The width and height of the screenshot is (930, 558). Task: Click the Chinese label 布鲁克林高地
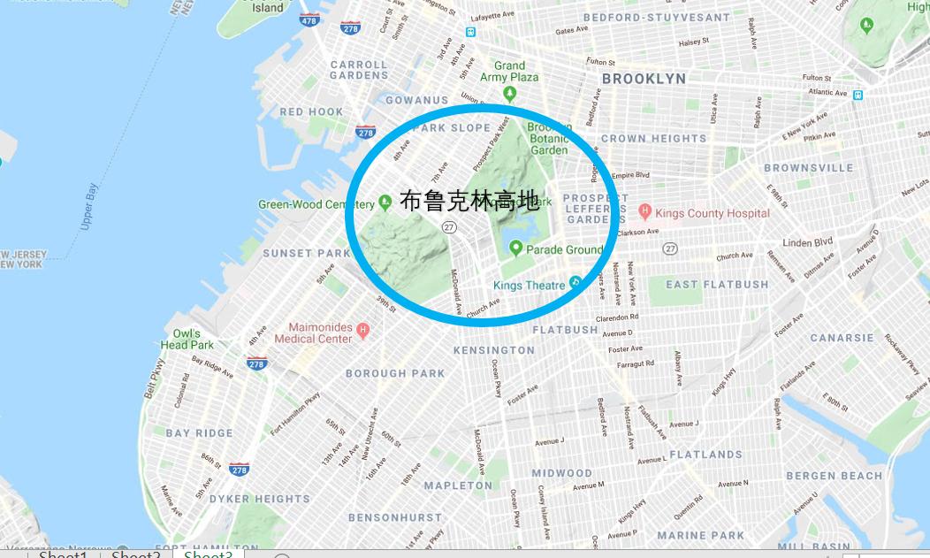(469, 201)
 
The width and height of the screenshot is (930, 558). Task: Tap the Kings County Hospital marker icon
(644, 212)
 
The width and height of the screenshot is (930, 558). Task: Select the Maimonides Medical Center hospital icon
(362, 331)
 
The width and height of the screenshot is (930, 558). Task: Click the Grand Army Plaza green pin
(509, 94)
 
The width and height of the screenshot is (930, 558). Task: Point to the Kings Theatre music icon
(575, 283)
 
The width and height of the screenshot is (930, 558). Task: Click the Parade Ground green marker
(515, 249)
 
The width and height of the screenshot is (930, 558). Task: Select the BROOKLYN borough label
(643, 79)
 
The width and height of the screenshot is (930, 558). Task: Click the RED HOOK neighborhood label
(311, 112)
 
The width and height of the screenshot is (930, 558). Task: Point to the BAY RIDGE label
(200, 433)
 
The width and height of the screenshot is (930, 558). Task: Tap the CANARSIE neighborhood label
(842, 338)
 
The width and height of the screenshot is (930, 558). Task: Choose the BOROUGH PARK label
(395, 373)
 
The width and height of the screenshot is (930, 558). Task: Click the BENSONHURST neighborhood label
(394, 517)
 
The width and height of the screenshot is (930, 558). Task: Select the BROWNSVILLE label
(808, 168)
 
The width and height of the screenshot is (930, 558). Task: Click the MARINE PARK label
(700, 535)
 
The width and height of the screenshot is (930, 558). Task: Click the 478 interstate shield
(309, 19)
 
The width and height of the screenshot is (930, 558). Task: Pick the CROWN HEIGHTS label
(653, 139)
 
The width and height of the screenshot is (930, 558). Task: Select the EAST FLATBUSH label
(717, 285)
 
